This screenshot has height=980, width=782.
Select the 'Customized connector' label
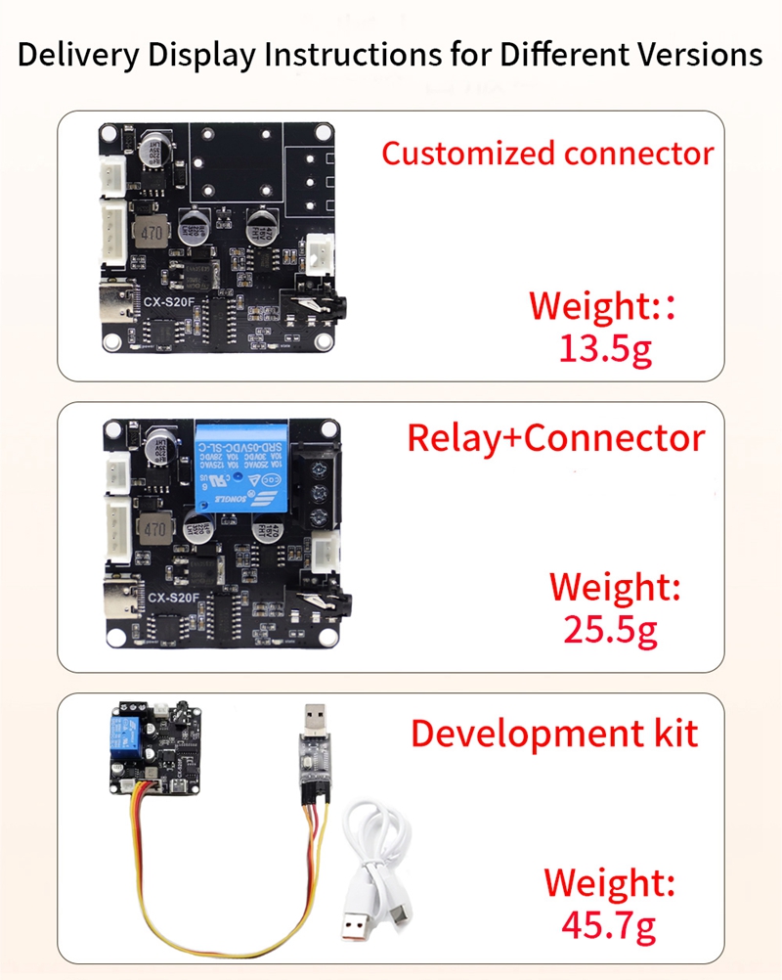click(x=547, y=154)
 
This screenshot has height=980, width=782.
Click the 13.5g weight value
click(x=605, y=347)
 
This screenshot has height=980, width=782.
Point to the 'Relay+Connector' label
click(x=555, y=438)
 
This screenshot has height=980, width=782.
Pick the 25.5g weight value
click(x=611, y=630)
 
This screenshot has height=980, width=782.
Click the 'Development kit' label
click(x=554, y=733)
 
